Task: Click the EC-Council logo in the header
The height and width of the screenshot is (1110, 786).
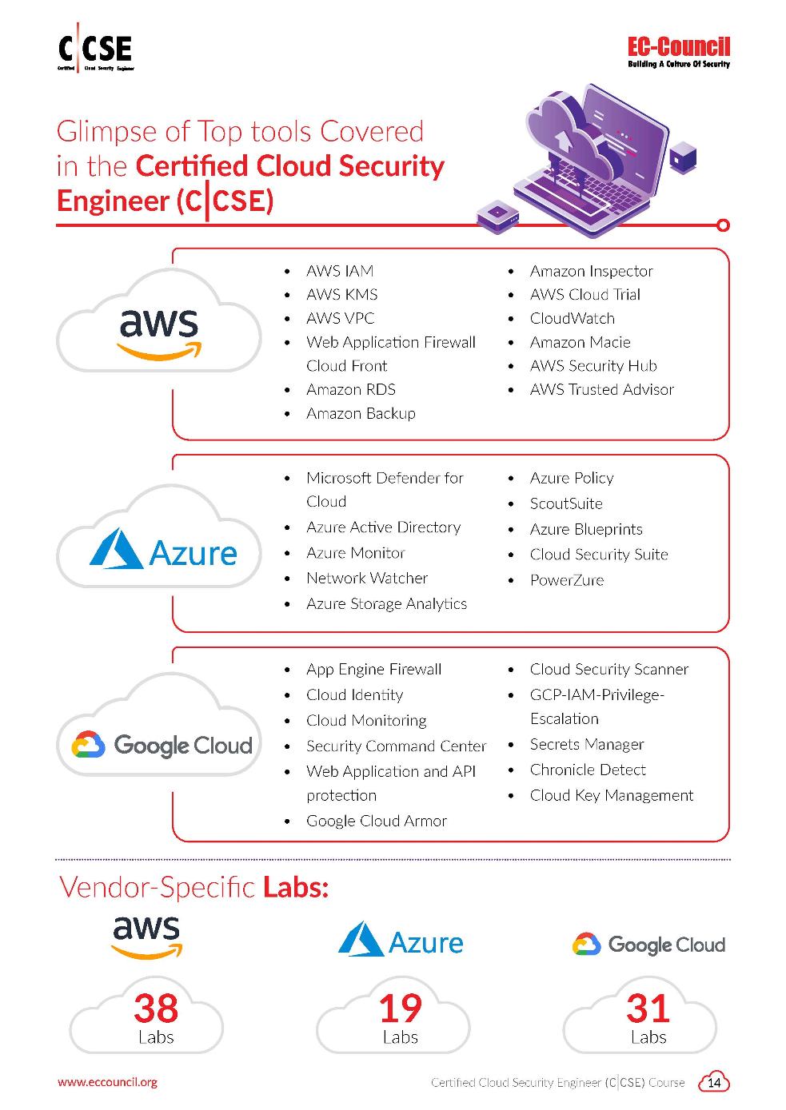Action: pyautogui.click(x=679, y=53)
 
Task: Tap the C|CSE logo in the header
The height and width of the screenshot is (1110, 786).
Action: pyautogui.click(x=95, y=52)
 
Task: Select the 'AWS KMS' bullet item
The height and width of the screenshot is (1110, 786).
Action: pyautogui.click(x=341, y=294)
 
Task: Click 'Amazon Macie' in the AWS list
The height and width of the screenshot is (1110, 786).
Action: pyautogui.click(x=580, y=342)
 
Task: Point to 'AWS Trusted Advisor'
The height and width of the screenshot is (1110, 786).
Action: pyautogui.click(x=601, y=389)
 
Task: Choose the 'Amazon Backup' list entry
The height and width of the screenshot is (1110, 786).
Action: pyautogui.click(x=361, y=413)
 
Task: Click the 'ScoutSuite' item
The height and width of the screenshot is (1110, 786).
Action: pyautogui.click(x=566, y=503)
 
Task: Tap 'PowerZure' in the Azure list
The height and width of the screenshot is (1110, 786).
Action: pyautogui.click(x=566, y=580)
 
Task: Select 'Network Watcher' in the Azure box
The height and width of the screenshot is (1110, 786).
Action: pyautogui.click(x=366, y=578)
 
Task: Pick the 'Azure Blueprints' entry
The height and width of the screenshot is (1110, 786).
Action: pyautogui.click(x=586, y=529)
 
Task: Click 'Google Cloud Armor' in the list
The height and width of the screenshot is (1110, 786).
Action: pyautogui.click(x=376, y=821)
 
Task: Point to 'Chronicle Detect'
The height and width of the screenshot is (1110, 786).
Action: pyautogui.click(x=588, y=770)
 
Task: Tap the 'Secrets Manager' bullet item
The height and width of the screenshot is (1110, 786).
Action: pyautogui.click(x=587, y=744)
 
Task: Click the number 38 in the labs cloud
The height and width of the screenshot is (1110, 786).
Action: pyautogui.click(x=156, y=1009)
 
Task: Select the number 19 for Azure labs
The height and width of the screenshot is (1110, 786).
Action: pyautogui.click(x=400, y=1009)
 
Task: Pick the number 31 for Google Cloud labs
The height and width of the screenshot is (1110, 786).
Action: pyautogui.click(x=648, y=1009)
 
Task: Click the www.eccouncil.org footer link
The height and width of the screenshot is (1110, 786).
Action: pyautogui.click(x=107, y=1082)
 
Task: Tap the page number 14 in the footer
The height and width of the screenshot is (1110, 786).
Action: pyautogui.click(x=715, y=1083)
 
